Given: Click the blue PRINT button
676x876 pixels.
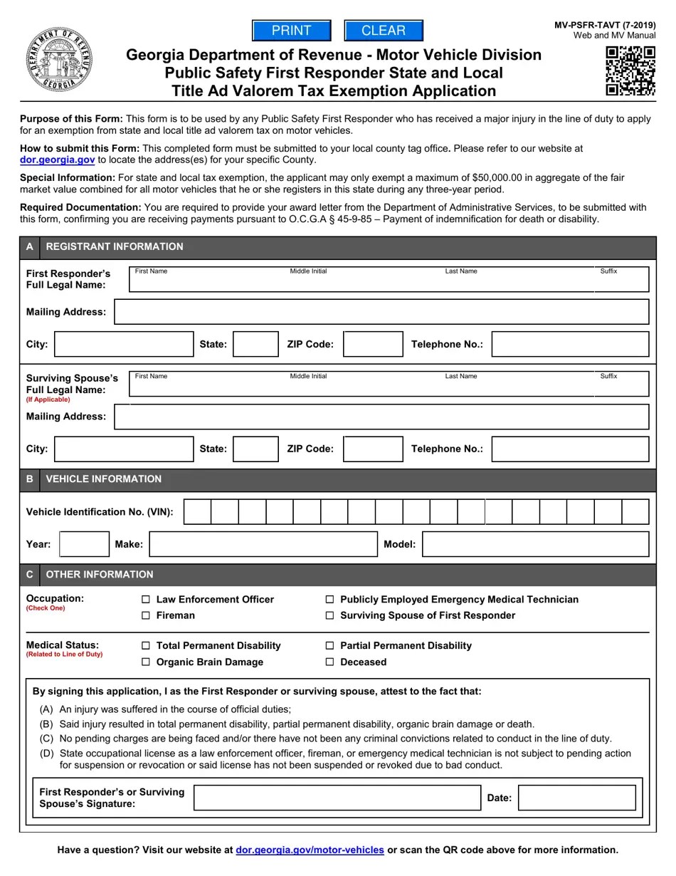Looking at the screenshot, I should coord(292,31).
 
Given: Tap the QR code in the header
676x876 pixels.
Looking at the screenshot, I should coord(630,71).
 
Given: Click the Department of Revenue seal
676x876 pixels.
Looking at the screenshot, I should coord(58,59).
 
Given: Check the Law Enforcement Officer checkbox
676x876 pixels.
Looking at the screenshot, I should coord(146,600).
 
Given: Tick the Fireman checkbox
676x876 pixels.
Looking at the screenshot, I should coord(146,615).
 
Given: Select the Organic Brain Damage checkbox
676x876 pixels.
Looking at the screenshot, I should coord(146,662).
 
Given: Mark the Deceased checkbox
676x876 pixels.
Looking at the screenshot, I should coord(330,662).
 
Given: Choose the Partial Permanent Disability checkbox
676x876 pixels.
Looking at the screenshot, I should coord(330,646).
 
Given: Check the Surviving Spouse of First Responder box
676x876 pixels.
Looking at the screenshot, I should coord(330,615).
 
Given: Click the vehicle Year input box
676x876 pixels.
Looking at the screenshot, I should coord(85,544).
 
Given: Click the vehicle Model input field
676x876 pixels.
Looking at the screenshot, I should coord(535,544).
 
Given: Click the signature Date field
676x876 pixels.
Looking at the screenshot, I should coord(576,798).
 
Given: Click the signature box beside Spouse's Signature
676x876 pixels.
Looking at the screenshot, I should coord(337,798).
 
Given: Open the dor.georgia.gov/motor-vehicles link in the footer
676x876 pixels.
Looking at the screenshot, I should coord(310,850).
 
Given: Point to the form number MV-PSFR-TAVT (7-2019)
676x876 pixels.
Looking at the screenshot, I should coord(605,26).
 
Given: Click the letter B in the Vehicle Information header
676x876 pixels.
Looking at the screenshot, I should coord(29,479).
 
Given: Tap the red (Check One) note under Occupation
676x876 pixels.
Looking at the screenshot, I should coord(46,608).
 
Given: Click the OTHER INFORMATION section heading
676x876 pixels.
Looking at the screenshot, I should coord(100,575).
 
